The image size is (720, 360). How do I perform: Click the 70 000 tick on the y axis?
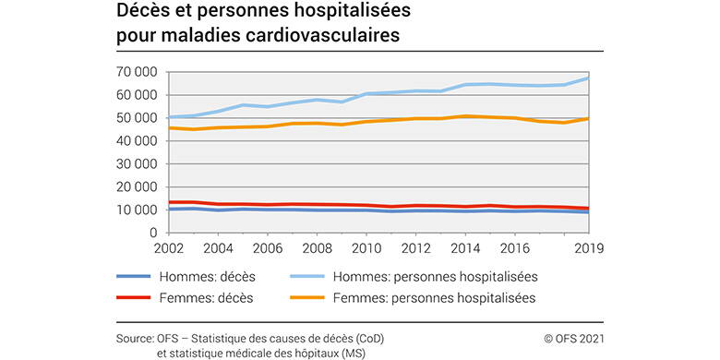coord(135,72)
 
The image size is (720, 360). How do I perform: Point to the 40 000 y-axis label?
coord(135,141)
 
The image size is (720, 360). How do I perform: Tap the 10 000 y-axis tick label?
coord(135,210)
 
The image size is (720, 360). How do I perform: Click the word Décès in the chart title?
coord(141,13)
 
